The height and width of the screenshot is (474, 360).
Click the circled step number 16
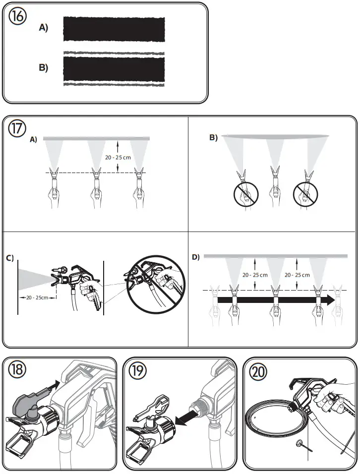[x=17, y=16]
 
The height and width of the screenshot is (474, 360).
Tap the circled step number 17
[x=17, y=128]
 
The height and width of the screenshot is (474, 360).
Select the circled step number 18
[x=17, y=369]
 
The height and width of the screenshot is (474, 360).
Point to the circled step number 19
[x=137, y=370]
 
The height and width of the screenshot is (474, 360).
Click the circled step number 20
[x=258, y=371]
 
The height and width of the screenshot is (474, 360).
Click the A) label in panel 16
[x=44, y=28]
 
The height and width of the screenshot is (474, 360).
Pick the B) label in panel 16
[x=44, y=67]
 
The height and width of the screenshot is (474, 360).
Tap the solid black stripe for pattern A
[x=114, y=29]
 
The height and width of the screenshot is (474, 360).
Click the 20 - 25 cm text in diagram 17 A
[x=118, y=158]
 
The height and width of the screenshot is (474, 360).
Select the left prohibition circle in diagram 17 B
[x=246, y=194]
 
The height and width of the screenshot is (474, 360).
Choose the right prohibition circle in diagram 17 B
[x=305, y=194]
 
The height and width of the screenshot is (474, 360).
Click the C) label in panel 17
[x=10, y=258]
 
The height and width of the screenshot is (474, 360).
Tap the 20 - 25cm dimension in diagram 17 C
[x=37, y=298]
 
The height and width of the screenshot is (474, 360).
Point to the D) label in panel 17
[x=196, y=257]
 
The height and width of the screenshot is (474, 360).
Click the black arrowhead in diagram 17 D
[x=330, y=300]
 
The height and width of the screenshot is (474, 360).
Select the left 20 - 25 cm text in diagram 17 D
[x=255, y=275]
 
